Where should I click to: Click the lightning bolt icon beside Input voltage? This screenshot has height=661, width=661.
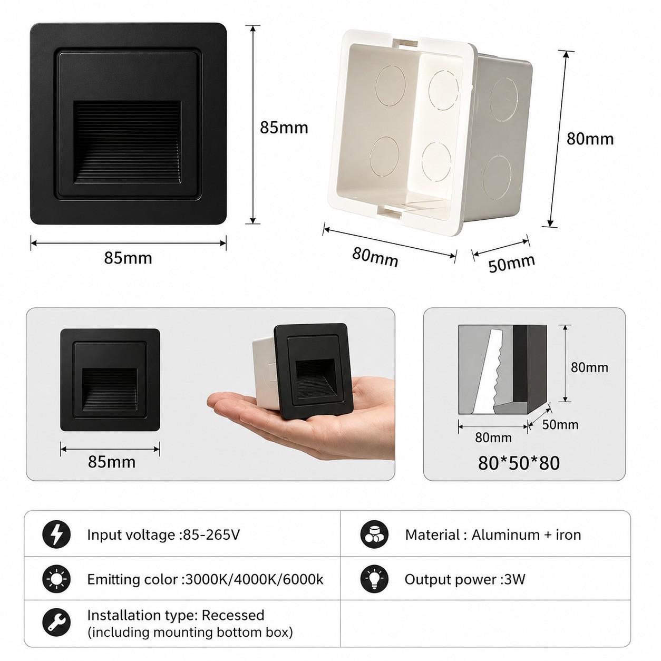click(x=56, y=534)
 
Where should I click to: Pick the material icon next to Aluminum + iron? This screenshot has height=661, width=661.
click(x=374, y=534)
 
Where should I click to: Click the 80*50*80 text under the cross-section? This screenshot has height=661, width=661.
click(x=519, y=463)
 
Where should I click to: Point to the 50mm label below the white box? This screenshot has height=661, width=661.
click(x=511, y=263)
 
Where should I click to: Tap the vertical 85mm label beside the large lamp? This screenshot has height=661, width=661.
click(x=284, y=128)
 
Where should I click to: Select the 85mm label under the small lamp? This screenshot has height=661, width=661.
click(x=112, y=462)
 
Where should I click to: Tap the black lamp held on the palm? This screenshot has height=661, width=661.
click(x=313, y=372)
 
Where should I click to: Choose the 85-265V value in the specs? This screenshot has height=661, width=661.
click(x=212, y=535)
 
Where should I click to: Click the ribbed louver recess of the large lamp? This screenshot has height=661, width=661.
click(x=128, y=142)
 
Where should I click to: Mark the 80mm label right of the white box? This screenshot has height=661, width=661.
click(x=590, y=139)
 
